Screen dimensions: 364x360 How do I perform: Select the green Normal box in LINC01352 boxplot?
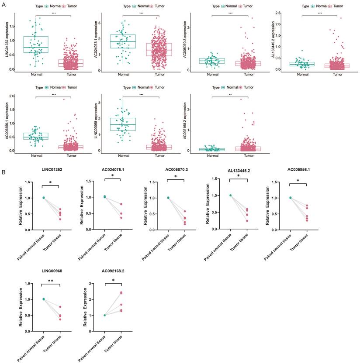[36, 45]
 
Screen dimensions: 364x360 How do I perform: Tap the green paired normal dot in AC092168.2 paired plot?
[105, 315]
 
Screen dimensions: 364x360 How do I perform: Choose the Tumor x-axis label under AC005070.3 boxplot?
[249, 75]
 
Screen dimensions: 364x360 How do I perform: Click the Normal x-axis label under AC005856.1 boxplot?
[36, 156]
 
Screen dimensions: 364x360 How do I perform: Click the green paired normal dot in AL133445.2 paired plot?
[230, 195]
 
